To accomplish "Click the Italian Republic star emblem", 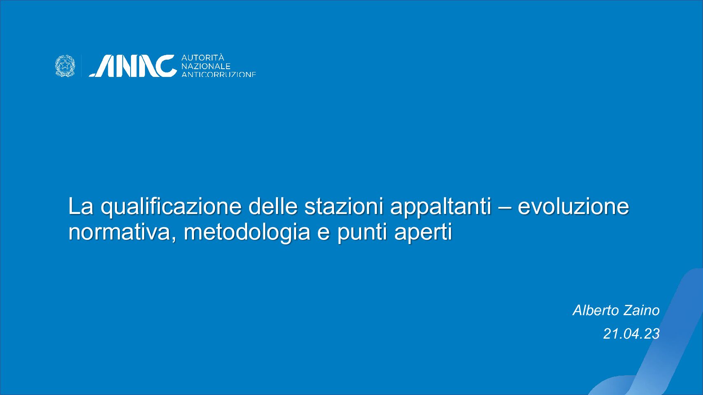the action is point(65,66).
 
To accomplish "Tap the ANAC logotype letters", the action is point(133,66).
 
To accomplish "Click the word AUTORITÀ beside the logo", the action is point(203,58).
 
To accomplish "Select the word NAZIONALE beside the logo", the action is point(206,67).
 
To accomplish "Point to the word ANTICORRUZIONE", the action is point(219,74).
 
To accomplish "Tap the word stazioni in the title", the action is point(343,206).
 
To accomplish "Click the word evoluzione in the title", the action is point(573,206).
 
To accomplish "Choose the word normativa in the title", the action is point(121,232).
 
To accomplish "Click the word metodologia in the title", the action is point(247,233).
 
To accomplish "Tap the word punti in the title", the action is point(362,233).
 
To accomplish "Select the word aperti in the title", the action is point(423,233).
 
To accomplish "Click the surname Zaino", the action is point(642,310).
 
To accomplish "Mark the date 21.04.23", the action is point(631,334).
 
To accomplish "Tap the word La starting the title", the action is point(81,206).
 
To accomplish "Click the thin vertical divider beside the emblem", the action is point(82,66).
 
